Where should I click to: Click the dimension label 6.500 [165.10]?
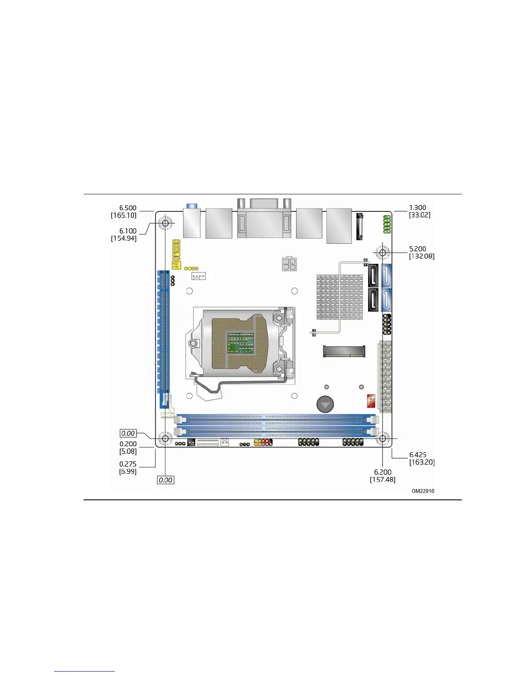[128, 211]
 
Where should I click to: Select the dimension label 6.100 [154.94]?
[128, 234]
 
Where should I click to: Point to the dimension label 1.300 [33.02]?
[419, 211]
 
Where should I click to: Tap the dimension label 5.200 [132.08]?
[421, 252]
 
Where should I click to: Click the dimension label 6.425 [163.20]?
[421, 459]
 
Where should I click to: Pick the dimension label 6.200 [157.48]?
[383, 476]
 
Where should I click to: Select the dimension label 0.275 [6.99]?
[128, 467]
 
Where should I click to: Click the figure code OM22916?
[423, 491]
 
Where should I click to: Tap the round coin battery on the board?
[325, 404]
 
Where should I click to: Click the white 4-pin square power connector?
[289, 263]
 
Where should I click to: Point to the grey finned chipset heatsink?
[339, 297]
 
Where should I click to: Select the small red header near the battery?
[371, 401]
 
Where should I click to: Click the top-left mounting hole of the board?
[165, 223]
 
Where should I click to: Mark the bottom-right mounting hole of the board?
[383, 438]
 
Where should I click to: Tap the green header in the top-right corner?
[387, 224]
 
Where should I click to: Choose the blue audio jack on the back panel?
[191, 222]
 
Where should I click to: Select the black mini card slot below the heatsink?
[344, 352]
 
